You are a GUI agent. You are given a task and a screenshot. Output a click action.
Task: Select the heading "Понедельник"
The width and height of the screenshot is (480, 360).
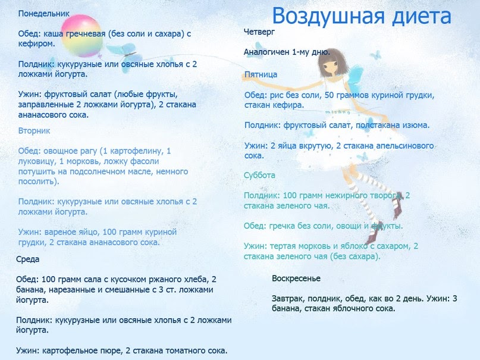pyautogui.click(x=44, y=13)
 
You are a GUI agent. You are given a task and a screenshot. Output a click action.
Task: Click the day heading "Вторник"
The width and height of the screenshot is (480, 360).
pyautogui.click(x=34, y=130)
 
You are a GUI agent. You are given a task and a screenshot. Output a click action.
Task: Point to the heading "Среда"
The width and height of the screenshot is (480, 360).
pyautogui.click(x=28, y=259)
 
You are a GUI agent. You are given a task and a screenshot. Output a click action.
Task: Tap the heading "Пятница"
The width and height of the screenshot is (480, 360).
pyautogui.click(x=261, y=74)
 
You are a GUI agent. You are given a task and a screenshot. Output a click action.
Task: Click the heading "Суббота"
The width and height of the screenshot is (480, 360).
pyautogui.click(x=260, y=176)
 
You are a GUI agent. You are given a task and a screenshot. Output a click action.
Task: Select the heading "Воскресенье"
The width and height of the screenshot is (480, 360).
pyautogui.click(x=296, y=278)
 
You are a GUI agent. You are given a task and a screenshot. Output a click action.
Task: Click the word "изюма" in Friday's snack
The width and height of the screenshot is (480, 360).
pyautogui.click(x=416, y=126)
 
